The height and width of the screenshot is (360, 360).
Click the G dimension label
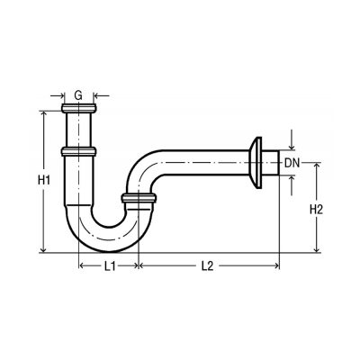click(x=78, y=95)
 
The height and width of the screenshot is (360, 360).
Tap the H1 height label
click(x=44, y=180)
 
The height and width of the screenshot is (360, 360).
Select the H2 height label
click(x=316, y=209)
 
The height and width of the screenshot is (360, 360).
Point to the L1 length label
click(x=110, y=265)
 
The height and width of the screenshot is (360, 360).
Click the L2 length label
click(x=207, y=265)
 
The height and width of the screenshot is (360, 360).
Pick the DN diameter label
click(x=292, y=163)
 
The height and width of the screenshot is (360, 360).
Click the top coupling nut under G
click(x=79, y=108)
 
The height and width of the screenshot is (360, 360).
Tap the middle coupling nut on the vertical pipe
click(x=78, y=151)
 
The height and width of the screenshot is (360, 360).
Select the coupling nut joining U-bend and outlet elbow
click(x=139, y=198)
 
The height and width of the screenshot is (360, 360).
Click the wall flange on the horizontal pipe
click(x=256, y=163)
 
